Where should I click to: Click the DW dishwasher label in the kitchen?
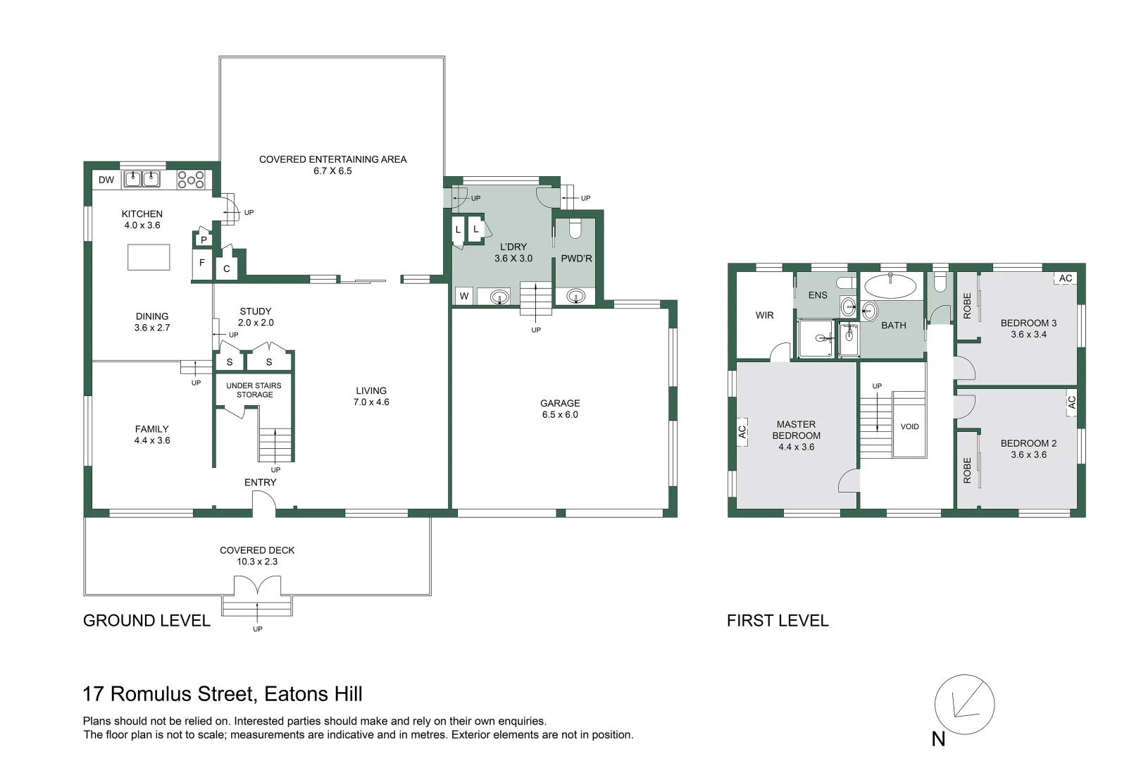[106, 180]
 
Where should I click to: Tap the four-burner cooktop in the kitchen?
[191, 180]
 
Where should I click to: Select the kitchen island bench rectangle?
[149, 257]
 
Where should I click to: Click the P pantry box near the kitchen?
[204, 239]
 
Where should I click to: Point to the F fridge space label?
[202, 263]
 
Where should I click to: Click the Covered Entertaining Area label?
[332, 165]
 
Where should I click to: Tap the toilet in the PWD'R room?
[575, 229]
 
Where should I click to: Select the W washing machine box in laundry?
[464, 296]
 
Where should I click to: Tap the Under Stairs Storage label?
[254, 390]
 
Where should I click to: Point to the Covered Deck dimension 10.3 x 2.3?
[257, 562]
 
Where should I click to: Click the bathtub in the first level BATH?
[890, 286]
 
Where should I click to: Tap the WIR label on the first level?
[764, 316]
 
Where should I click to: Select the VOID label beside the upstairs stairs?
[910, 426]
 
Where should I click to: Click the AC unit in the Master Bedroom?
[742, 432]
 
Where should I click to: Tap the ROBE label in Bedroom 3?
[967, 306]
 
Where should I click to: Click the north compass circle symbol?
[964, 705]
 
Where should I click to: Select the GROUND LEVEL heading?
[146, 621]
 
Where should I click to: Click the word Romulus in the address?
[151, 694]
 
